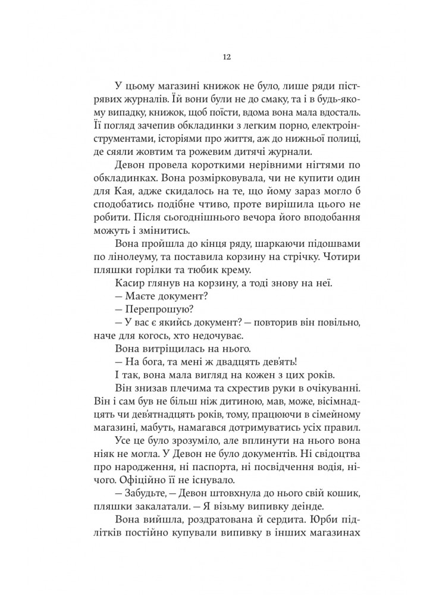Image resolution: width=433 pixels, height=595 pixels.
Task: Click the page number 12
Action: (216, 57)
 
